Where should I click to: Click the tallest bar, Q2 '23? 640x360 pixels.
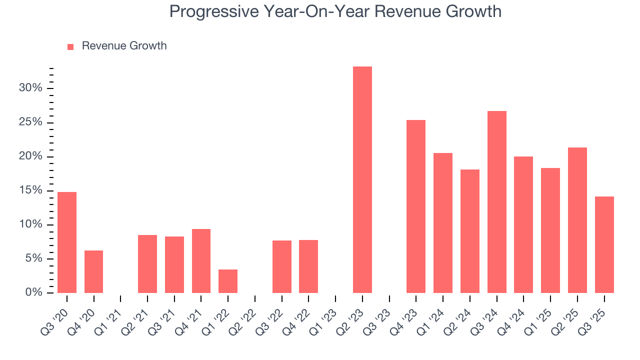(x=362, y=179)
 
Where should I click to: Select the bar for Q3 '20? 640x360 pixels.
(x=67, y=242)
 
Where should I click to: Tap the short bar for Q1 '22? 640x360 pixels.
(x=228, y=281)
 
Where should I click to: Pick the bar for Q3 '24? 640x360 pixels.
(x=496, y=202)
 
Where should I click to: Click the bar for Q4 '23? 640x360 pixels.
(x=416, y=206)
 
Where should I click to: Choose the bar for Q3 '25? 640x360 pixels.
(x=604, y=244)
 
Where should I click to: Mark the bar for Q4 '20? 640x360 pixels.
(x=93, y=271)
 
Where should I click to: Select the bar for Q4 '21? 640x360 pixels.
(x=201, y=261)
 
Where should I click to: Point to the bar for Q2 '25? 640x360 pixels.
(x=577, y=220)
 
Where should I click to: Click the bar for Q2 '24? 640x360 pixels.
(x=469, y=231)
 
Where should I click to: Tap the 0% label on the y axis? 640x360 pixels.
(x=34, y=292)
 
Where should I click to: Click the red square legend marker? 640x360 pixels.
(x=70, y=46)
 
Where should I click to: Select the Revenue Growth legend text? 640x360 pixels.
(x=124, y=46)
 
